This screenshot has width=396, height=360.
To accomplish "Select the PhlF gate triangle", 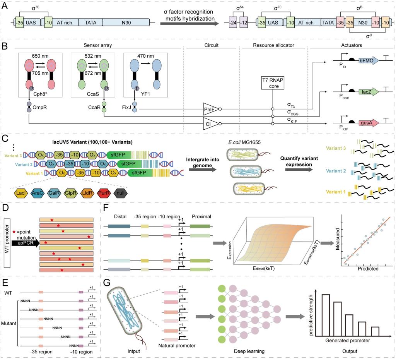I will click(x=210, y=109).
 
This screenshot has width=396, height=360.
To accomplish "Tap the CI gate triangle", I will click(x=210, y=124).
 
